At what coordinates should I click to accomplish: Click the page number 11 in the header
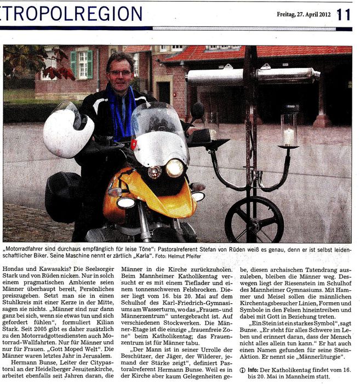click(x=344, y=14)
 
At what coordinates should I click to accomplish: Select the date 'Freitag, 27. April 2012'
click(x=303, y=15)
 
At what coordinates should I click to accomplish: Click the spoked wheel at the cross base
click(x=254, y=220)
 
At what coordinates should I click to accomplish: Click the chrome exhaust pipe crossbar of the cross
click(x=252, y=76)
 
